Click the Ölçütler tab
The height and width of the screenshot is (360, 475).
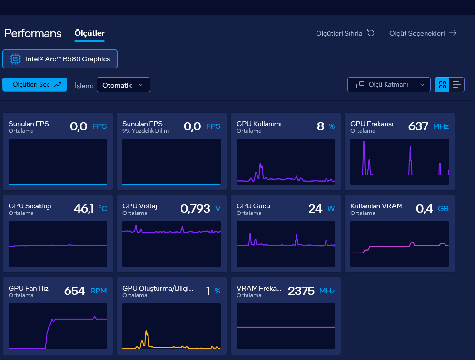pyautogui.click(x=89, y=33)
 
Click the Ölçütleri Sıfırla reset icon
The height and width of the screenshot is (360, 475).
pyautogui.click(x=371, y=33)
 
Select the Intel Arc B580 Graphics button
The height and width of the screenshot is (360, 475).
pyautogui.click(x=59, y=59)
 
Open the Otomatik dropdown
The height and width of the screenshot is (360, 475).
pyautogui.click(x=123, y=85)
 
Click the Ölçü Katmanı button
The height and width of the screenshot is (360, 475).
pyautogui.click(x=381, y=85)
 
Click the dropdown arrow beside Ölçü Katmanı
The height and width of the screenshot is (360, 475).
pyautogui.click(x=422, y=85)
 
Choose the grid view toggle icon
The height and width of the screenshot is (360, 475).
pyautogui.click(x=442, y=85)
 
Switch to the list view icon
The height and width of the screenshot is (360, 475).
pyautogui.click(x=456, y=85)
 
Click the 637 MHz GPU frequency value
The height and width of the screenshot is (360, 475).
pyautogui.click(x=428, y=126)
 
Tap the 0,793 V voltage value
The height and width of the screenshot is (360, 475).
pyautogui.click(x=200, y=209)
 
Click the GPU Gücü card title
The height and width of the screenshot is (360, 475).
pyautogui.click(x=253, y=206)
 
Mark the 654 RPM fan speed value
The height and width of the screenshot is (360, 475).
pyautogui.click(x=85, y=291)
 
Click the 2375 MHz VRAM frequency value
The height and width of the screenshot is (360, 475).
pyautogui.click(x=311, y=291)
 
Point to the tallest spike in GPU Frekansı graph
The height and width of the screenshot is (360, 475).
pyautogui.click(x=364, y=141)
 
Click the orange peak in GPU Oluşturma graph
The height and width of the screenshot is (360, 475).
pyautogui.click(x=147, y=331)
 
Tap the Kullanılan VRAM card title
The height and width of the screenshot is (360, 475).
pyautogui.click(x=376, y=206)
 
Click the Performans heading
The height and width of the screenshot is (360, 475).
pyautogui.click(x=33, y=33)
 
